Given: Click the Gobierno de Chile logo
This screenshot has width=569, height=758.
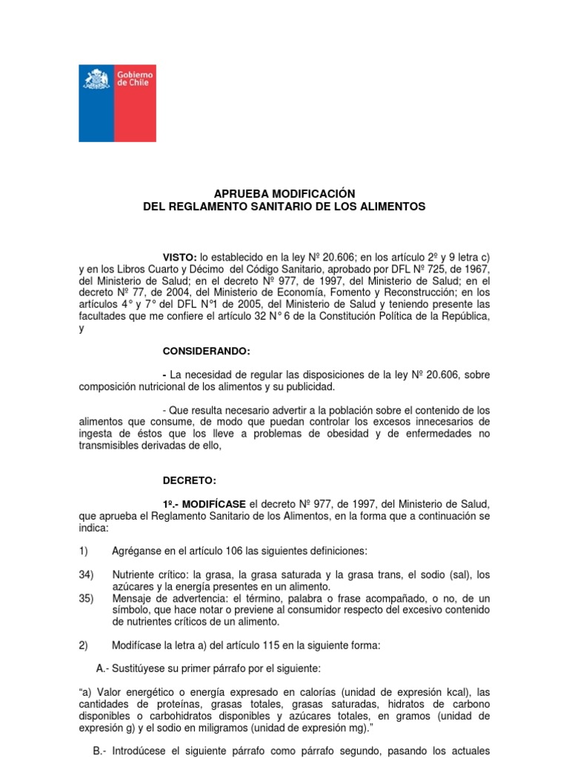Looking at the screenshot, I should point(117,103).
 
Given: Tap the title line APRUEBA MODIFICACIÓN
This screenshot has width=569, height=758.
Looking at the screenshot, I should point(284,193).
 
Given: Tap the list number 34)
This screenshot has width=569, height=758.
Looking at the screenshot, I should point(87,574).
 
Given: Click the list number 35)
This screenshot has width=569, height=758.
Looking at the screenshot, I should point(87,598).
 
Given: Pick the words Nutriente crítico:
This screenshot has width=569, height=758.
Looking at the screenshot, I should point(150,574).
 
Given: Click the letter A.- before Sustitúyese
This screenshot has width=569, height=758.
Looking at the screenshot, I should point(102,668).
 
